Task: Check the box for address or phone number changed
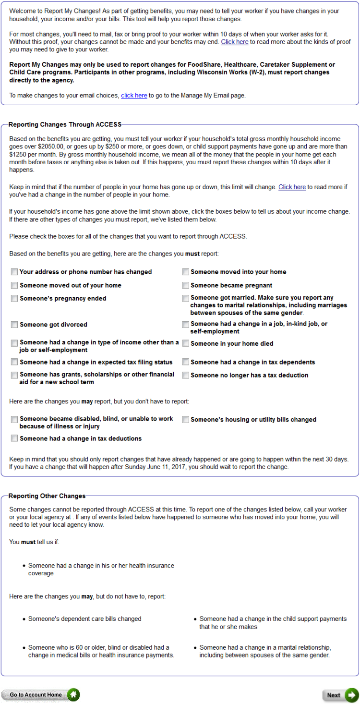coord(14,272)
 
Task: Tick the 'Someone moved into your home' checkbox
coord(185,272)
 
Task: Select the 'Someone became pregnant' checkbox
coord(185,286)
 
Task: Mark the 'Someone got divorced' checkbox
coord(14,325)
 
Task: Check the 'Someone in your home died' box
coord(185,344)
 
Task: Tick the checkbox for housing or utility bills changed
coord(185,420)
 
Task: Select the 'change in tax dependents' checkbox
coord(185,363)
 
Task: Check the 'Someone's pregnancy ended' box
coord(14,299)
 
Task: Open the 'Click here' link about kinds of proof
coord(235,42)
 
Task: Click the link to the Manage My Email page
coord(134,96)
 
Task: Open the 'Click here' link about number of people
coord(292,187)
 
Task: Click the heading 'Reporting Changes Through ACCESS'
coord(65,124)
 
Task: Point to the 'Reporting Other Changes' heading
coord(47,496)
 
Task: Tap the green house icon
coord(73,694)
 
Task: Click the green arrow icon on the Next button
coord(352,695)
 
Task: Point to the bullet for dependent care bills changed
coord(24,619)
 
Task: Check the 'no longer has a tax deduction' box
coord(185,376)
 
